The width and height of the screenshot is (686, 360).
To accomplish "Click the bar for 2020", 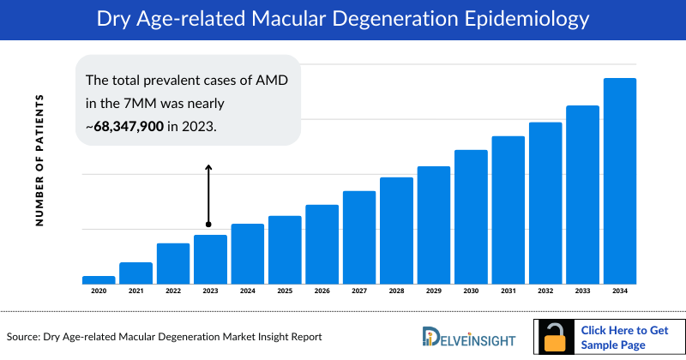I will (99, 279).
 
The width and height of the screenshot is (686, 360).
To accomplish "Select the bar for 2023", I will (210, 259).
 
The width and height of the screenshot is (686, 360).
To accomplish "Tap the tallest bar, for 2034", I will (620, 180).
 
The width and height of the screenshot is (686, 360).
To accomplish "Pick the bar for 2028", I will (396, 230).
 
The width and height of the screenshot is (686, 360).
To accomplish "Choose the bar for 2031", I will (508, 209).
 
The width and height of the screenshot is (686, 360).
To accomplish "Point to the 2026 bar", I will (322, 243).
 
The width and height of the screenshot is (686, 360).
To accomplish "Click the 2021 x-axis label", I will (135, 291).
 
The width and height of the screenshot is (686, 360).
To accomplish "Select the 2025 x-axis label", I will (285, 291).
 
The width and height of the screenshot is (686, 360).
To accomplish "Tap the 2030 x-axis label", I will (471, 291).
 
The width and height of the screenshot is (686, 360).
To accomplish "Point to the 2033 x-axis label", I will (582, 291).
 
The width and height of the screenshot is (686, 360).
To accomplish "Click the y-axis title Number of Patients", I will (39, 161).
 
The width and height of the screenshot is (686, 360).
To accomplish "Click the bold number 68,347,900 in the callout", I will (129, 126).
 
